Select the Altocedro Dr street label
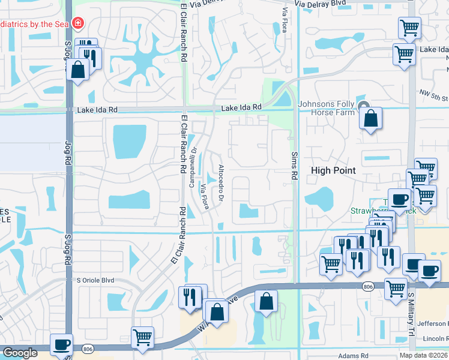(221, 182)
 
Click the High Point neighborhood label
(333, 170)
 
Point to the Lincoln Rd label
(435, 339)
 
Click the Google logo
(19, 353)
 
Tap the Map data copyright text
(424, 355)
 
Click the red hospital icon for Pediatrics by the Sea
(77, 24)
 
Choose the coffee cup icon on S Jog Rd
(61, 344)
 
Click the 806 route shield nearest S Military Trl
(367, 287)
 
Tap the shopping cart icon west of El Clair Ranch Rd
(142, 338)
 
